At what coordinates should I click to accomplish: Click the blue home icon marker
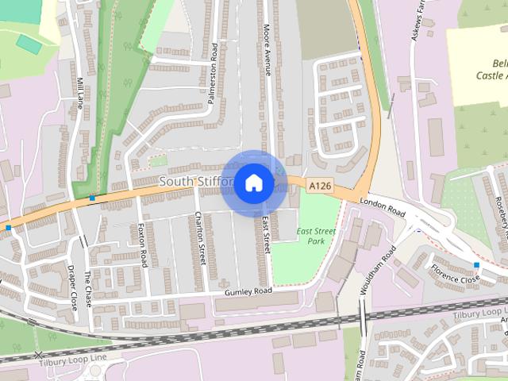click(x=253, y=183)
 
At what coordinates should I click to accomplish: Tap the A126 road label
click(x=320, y=186)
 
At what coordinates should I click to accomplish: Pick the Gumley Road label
click(x=248, y=291)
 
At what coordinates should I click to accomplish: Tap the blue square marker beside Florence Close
click(x=476, y=264)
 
